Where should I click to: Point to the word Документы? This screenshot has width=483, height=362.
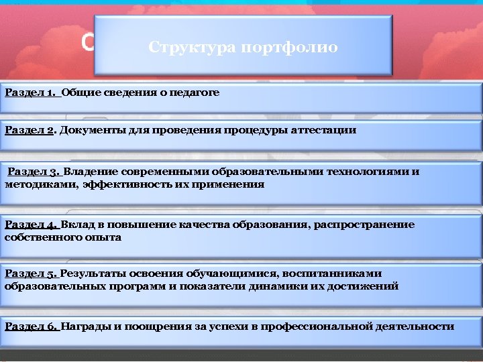click(x=91, y=130)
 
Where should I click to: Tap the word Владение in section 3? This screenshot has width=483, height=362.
click(x=91, y=172)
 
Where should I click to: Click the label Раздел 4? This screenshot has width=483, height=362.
click(x=32, y=225)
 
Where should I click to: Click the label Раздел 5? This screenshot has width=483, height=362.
click(x=32, y=274)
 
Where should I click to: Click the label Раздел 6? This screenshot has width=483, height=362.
click(x=32, y=326)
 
